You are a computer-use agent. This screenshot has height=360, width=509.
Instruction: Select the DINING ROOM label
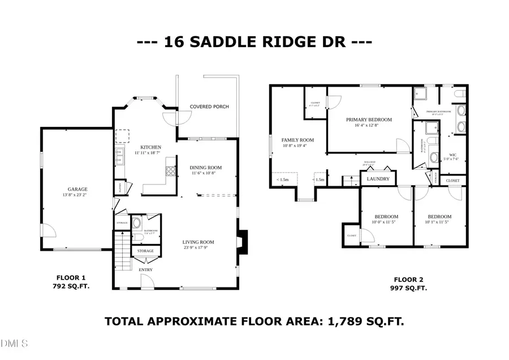coord(205,168)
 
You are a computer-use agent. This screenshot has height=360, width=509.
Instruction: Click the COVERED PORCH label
coord(209,106)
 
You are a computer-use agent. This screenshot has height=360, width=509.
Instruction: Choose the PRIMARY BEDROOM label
coord(369,120)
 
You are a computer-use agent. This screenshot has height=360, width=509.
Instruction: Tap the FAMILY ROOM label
coord(297,140)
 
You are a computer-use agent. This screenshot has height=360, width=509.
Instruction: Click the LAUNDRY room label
coord(378,179)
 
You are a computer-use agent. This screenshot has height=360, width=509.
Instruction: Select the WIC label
coord(452,155)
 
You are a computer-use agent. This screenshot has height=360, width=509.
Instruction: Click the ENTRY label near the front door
coord(146,269)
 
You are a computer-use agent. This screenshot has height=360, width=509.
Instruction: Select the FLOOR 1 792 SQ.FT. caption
coord(71,282)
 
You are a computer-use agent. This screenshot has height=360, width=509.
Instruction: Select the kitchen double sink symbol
coord(119,155)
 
